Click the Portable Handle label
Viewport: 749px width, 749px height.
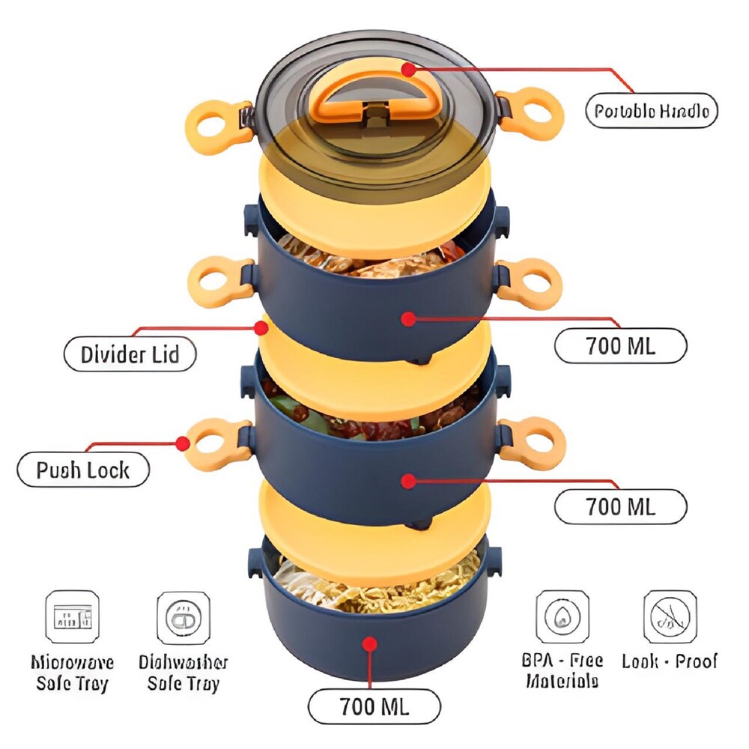(651, 112)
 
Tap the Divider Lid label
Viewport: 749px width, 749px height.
(130, 354)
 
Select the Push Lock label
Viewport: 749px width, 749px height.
(83, 470)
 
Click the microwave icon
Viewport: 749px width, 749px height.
(72, 617)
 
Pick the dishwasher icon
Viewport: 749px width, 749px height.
(183, 617)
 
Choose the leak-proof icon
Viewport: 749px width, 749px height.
(670, 616)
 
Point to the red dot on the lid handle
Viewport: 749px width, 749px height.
(407, 70)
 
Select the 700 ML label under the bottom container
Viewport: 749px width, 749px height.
(374, 706)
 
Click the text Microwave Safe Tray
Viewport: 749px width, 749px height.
(72, 673)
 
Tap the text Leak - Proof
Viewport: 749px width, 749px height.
(670, 661)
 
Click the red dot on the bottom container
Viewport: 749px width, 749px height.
(369, 643)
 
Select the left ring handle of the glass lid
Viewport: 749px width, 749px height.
(216, 118)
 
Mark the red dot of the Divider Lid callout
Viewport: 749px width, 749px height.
(261, 327)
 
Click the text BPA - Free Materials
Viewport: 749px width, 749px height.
(562, 671)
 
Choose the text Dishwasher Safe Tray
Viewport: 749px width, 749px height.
(183, 673)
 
